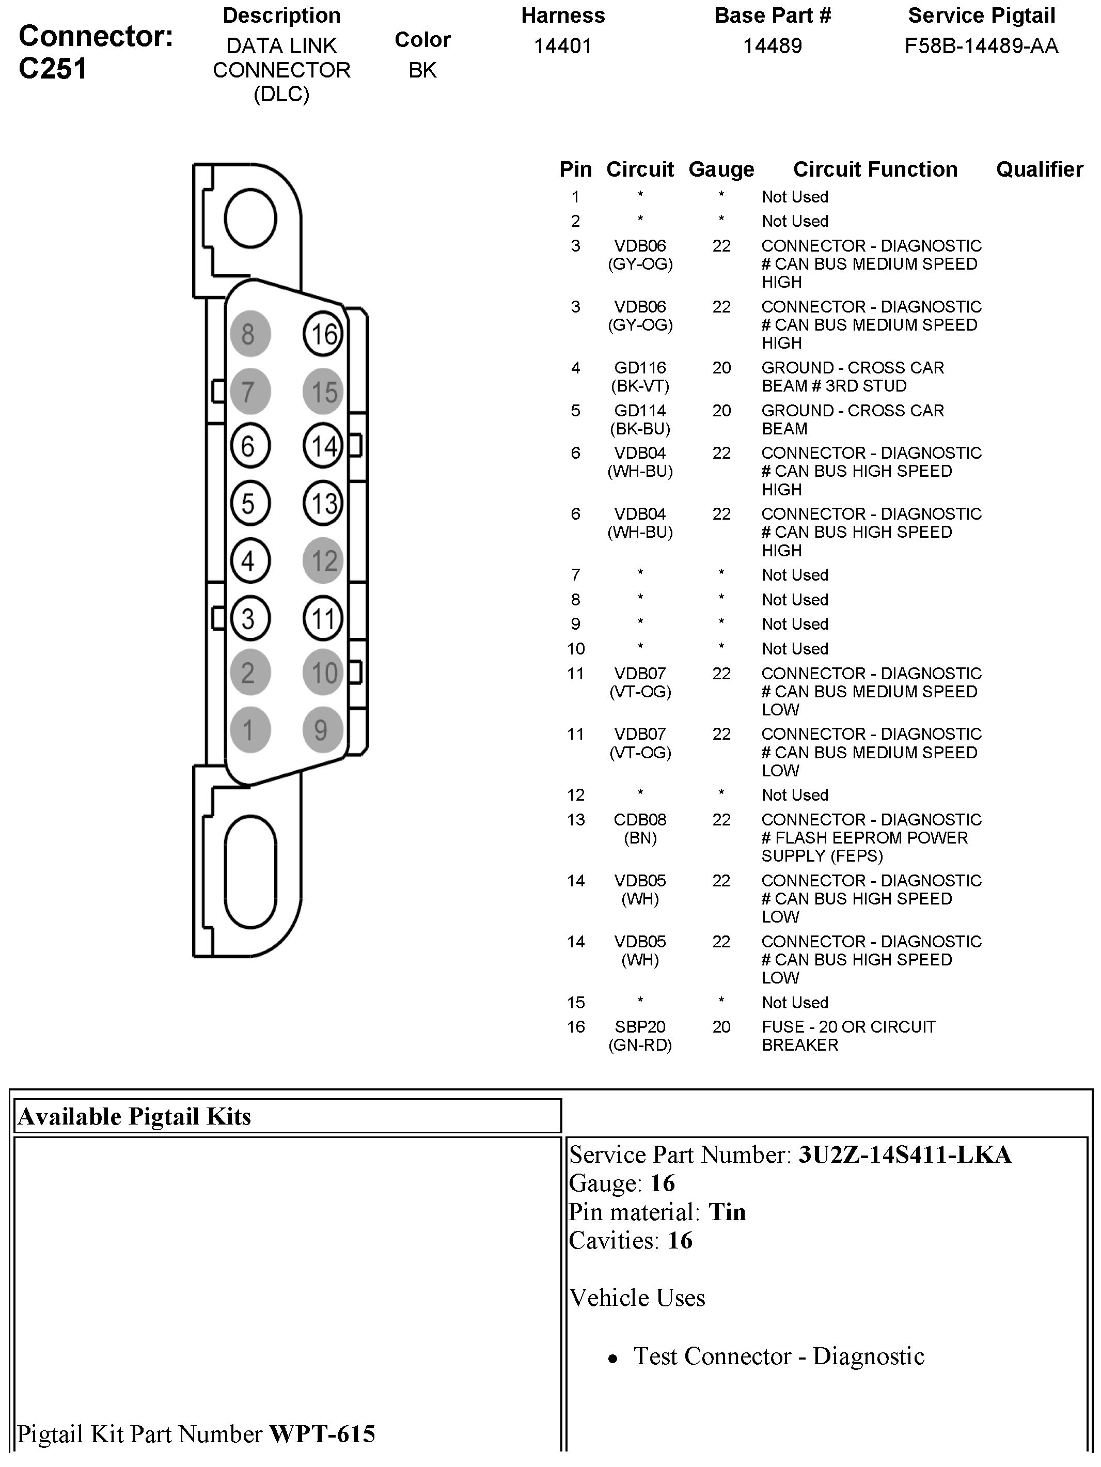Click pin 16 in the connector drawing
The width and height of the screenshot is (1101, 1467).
tap(323, 334)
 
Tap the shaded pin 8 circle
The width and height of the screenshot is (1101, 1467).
tap(250, 334)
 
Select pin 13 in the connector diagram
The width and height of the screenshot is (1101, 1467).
tap(323, 503)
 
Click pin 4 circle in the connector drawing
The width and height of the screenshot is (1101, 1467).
tap(250, 560)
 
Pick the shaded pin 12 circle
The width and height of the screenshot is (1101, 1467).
tap(323, 560)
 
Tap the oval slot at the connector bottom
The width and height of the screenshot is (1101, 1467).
tap(250, 871)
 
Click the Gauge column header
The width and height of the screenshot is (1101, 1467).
tap(721, 170)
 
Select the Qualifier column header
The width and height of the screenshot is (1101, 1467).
tap(1039, 170)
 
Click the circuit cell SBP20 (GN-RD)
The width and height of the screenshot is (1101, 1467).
tap(640, 1036)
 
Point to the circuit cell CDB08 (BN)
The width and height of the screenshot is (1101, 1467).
tap(640, 829)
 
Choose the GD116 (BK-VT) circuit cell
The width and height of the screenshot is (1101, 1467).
tap(640, 377)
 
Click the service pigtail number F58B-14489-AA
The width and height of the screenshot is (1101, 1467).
tap(981, 46)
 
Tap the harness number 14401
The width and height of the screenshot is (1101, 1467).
tap(563, 46)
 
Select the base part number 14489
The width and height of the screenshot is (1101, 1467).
tap(772, 46)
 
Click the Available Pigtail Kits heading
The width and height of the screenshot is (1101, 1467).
tap(135, 1117)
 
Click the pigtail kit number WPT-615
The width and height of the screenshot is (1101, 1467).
tap(322, 1434)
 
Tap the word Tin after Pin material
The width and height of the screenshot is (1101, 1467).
tap(727, 1212)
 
